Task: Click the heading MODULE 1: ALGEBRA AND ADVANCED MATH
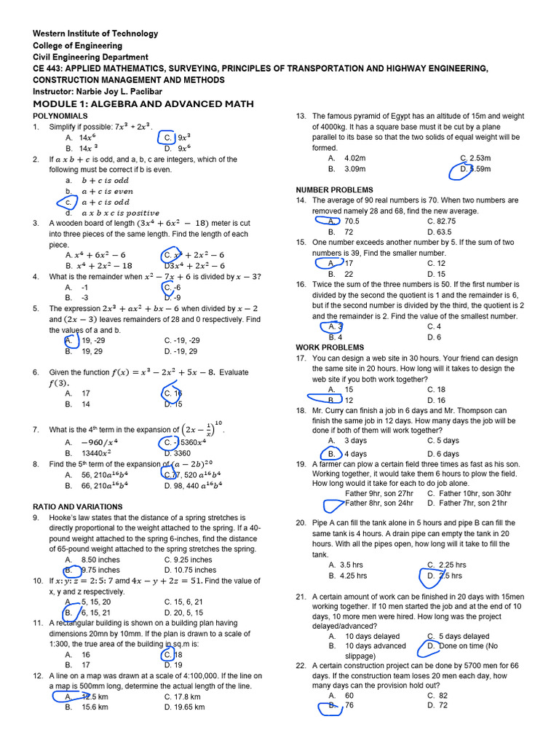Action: pyautogui.click(x=143, y=104)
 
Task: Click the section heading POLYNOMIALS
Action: pyautogui.click(x=60, y=116)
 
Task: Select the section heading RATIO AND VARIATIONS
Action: pyautogui.click(x=78, y=506)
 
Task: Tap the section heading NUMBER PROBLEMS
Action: pyautogui.click(x=334, y=189)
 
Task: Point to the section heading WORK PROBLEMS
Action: pyautogui.click(x=330, y=348)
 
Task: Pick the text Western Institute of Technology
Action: pyautogui.click(x=95, y=34)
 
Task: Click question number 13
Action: pyautogui.click(x=301, y=116)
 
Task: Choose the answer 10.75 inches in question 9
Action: pyautogui.click(x=190, y=570)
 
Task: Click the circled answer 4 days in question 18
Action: pyautogui.click(x=355, y=454)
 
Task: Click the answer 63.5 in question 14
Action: pyautogui.click(x=440, y=232)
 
